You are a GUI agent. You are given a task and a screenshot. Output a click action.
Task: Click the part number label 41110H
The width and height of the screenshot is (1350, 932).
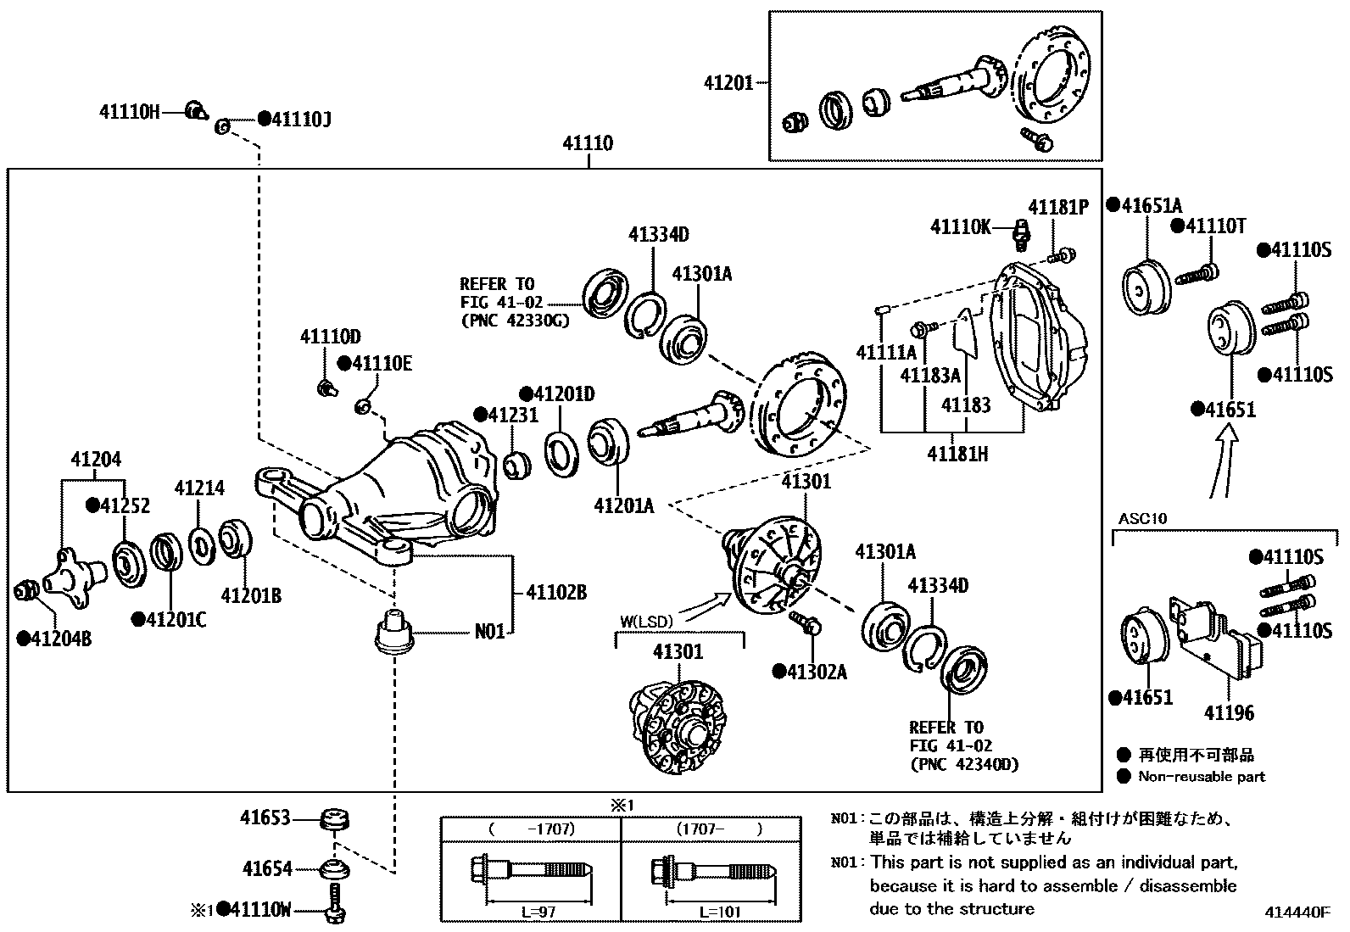(129, 111)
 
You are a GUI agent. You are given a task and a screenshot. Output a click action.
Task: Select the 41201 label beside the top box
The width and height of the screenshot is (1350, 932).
(728, 83)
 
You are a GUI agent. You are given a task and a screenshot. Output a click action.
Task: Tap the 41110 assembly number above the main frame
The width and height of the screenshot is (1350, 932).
(588, 143)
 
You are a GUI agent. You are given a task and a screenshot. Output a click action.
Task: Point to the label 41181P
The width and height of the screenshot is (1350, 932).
(1057, 208)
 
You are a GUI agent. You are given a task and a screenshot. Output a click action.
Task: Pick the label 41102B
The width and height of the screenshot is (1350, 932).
(556, 593)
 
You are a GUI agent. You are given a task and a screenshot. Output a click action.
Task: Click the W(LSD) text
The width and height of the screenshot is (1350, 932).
(645, 621)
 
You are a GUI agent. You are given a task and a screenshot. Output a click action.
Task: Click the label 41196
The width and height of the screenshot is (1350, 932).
(1229, 713)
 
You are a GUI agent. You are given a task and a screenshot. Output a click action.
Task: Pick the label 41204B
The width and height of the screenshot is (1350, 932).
(54, 638)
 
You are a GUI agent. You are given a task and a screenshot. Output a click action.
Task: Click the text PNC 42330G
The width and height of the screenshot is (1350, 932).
(515, 321)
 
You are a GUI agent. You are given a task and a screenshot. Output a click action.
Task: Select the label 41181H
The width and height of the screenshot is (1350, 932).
(957, 454)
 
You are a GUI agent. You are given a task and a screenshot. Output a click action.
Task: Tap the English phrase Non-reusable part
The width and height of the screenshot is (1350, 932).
(1201, 776)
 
